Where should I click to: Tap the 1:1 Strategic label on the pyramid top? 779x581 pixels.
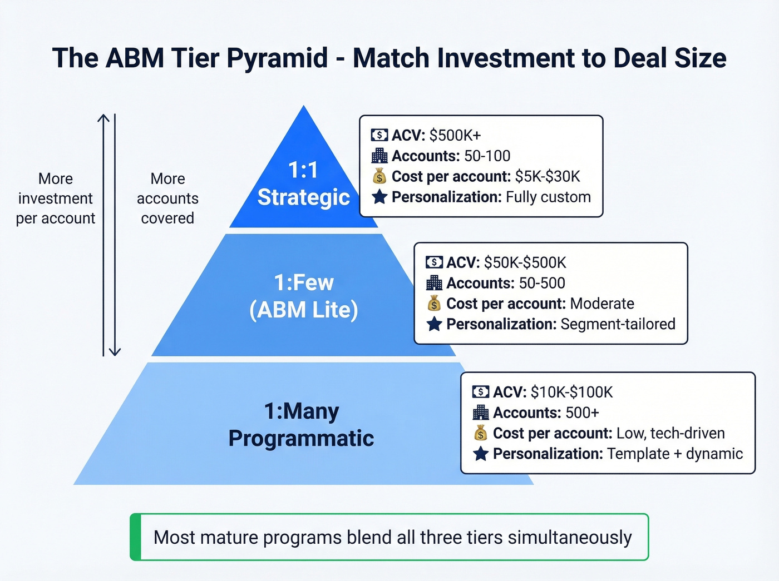pyautogui.click(x=303, y=184)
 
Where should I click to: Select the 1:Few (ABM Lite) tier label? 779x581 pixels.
pyautogui.click(x=304, y=296)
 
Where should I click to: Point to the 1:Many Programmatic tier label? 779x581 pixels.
pyautogui.click(x=301, y=425)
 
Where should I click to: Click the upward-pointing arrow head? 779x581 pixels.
pyautogui.click(x=103, y=118)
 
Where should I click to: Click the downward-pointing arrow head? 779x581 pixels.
pyautogui.click(x=115, y=352)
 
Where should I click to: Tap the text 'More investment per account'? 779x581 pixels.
pyautogui.click(x=55, y=198)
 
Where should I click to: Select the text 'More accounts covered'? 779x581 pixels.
pyautogui.click(x=167, y=198)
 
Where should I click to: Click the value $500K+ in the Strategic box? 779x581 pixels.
pyautogui.click(x=455, y=136)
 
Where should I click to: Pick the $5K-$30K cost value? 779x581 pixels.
pyautogui.click(x=548, y=177)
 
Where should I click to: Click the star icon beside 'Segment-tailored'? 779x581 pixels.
pyautogui.click(x=434, y=324)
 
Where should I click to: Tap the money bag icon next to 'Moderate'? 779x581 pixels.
pyautogui.click(x=434, y=304)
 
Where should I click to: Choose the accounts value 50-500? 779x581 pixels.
pyautogui.click(x=542, y=283)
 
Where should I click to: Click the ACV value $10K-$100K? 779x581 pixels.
pyautogui.click(x=571, y=393)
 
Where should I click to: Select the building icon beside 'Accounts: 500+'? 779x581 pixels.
pyautogui.click(x=481, y=413)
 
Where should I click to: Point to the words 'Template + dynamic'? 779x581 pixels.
pyautogui.click(x=675, y=454)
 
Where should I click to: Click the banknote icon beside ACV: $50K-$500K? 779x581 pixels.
pyautogui.click(x=434, y=262)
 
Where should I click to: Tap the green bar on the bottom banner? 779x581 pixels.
pyautogui.click(x=135, y=537)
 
